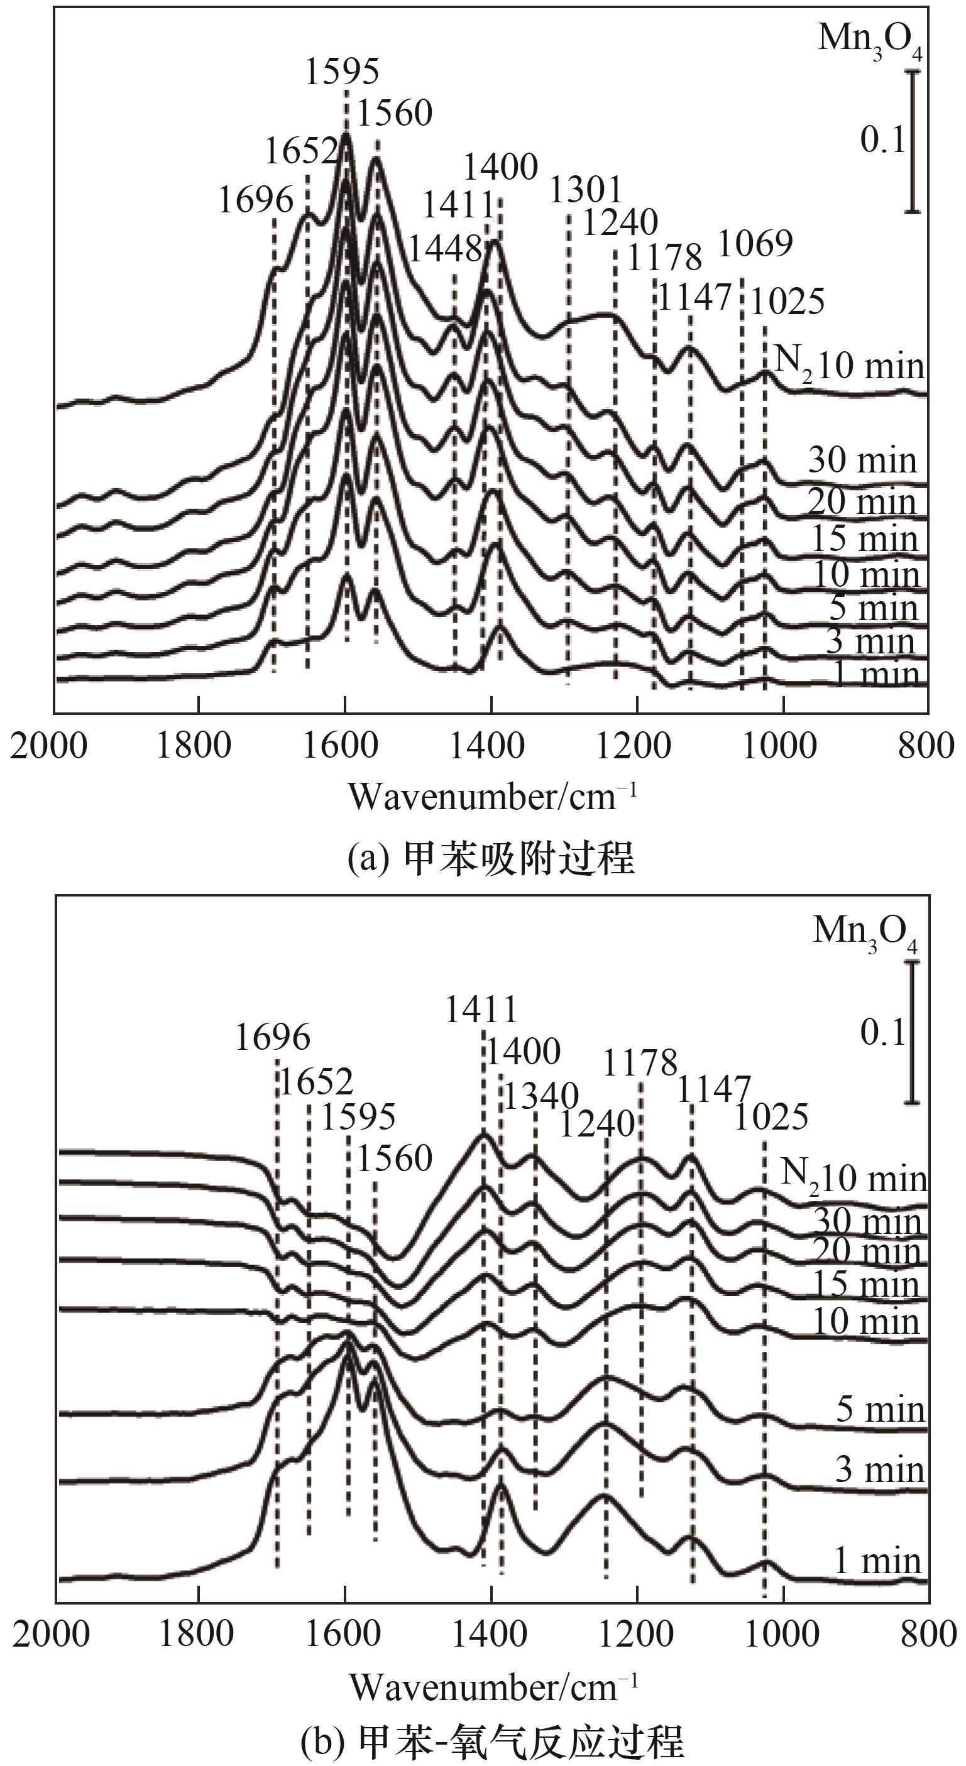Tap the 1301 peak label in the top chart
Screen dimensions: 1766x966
586,189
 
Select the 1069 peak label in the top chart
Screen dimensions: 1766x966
755,243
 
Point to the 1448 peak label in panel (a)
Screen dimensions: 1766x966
446,249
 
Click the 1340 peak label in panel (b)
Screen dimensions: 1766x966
542,1096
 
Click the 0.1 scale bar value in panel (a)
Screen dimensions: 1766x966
883,141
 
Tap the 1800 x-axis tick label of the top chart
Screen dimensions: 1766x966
194,745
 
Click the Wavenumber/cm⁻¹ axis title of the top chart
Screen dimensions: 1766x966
493,797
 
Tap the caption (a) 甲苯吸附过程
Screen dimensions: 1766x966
491,857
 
